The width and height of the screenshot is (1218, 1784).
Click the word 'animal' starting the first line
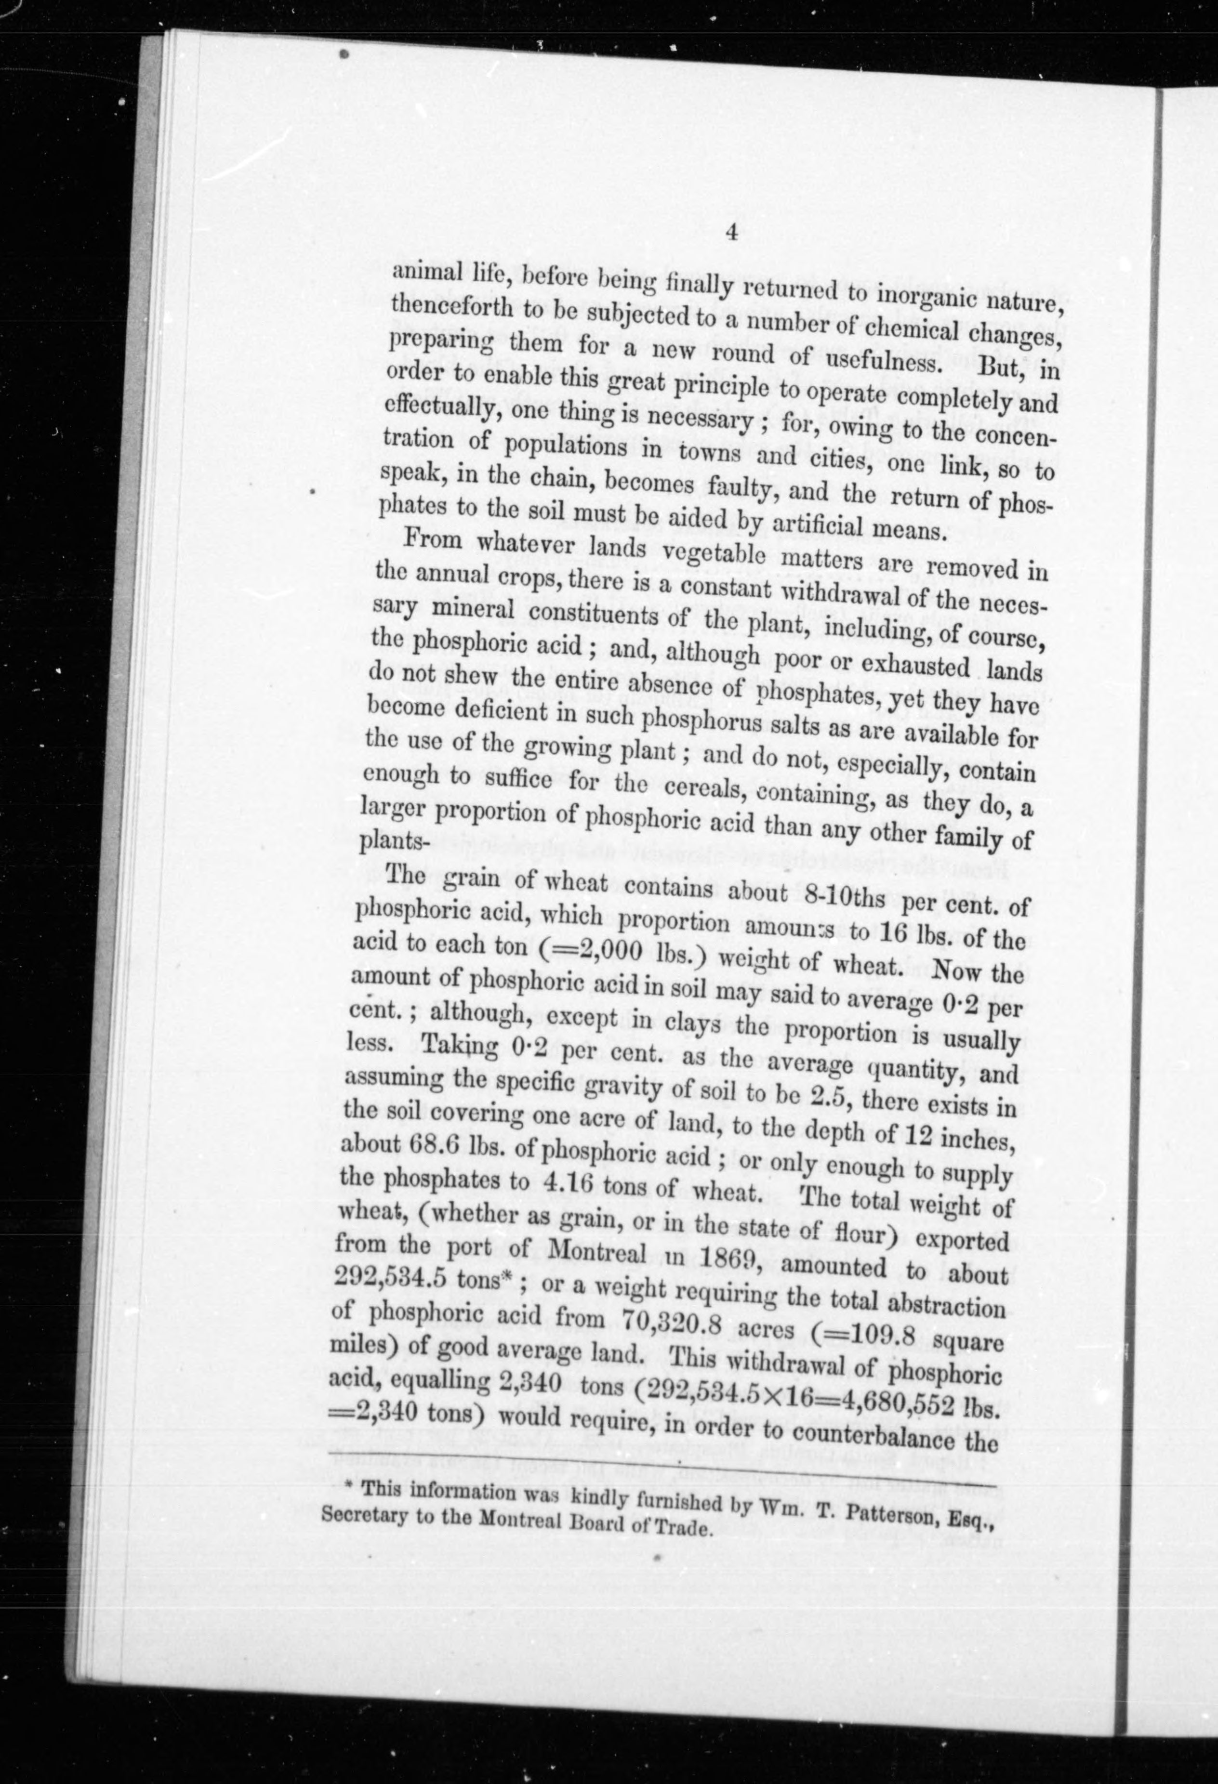click(x=426, y=273)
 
